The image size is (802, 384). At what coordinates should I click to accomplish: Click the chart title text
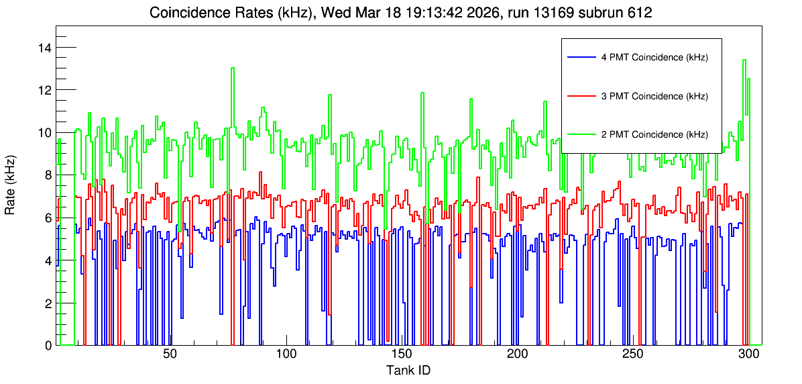coord(400,13)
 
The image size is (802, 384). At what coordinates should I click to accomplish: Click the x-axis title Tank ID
coord(408,370)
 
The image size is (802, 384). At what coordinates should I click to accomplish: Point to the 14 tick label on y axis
coord(44,48)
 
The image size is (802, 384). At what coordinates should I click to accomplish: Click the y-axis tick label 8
coord(48,175)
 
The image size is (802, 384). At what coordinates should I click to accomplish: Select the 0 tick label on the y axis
coord(48,345)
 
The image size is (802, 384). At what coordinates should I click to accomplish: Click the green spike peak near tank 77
coord(233,68)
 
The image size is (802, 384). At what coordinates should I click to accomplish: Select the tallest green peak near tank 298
coord(744,60)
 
